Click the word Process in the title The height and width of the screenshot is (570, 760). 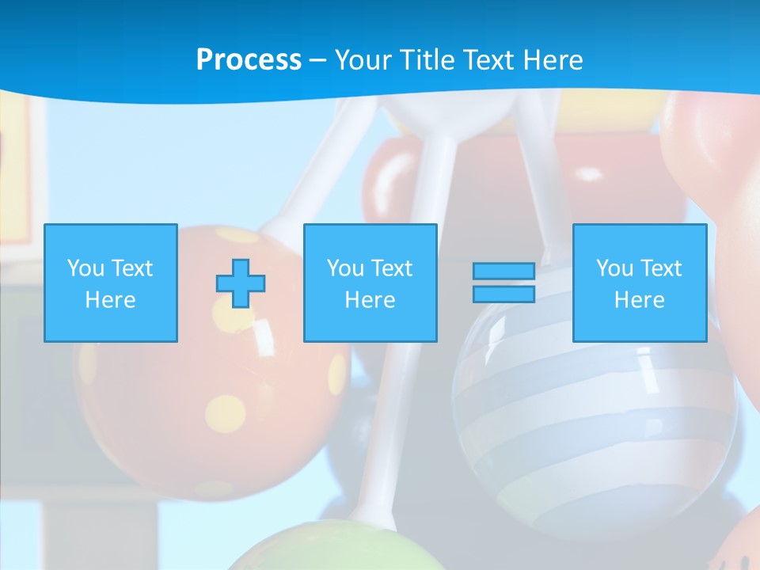[x=249, y=60]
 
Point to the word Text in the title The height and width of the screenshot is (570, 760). [x=491, y=60]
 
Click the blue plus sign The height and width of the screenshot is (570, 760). [x=241, y=283]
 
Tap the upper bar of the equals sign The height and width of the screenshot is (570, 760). [x=503, y=272]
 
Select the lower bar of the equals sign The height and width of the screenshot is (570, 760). [x=503, y=294]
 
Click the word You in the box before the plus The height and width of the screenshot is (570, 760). [x=85, y=268]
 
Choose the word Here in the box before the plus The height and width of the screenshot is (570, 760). [x=110, y=300]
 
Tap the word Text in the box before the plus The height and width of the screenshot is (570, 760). [x=131, y=268]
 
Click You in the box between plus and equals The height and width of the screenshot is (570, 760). [x=345, y=268]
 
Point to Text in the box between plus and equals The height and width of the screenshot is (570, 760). [x=391, y=268]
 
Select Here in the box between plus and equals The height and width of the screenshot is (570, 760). [x=370, y=300]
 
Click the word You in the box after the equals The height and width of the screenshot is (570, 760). [x=614, y=268]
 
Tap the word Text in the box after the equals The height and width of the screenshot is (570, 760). [x=660, y=268]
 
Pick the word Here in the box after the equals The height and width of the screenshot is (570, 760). [x=639, y=300]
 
